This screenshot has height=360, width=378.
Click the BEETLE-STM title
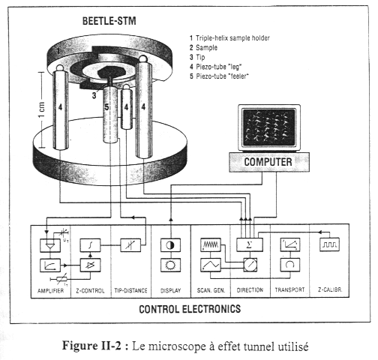pos(109,21)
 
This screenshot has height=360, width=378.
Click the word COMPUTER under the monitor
pos(268,162)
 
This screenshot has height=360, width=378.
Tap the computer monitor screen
pos(269,127)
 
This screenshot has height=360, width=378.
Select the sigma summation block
pos(250,244)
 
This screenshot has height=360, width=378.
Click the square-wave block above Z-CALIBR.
pos(330,244)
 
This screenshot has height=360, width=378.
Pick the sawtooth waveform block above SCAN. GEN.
pos(211,244)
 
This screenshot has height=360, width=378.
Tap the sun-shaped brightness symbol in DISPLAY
pos(170,265)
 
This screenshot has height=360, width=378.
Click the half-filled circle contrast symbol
pos(170,245)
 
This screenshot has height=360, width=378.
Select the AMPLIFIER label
pos(50,291)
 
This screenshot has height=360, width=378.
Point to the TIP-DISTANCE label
pos(130,290)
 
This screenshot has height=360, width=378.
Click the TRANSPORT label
pos(289,289)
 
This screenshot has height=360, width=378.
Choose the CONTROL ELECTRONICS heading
pos(190,309)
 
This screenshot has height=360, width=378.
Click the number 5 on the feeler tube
pos(106,107)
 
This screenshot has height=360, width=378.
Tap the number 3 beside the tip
pos(94,95)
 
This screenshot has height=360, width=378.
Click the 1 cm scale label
pos(42,109)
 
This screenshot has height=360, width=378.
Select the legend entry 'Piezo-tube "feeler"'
pos(219,76)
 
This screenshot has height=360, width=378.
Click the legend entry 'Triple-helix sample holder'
pos(229,38)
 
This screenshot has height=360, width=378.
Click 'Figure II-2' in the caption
pos(91,346)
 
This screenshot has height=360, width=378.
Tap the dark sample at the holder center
pos(112,72)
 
